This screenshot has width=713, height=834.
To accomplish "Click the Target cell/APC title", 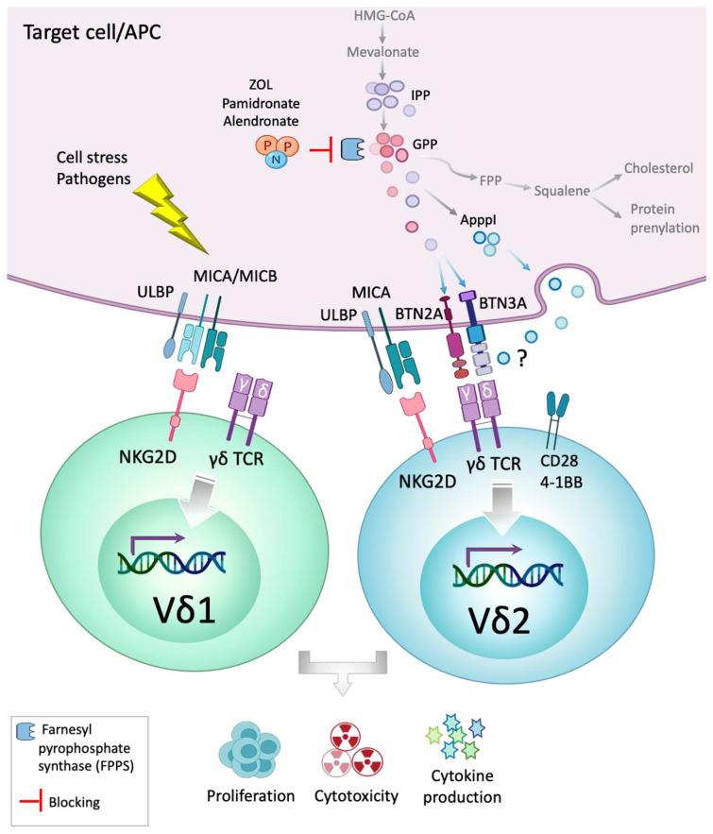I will tap(82, 31).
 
